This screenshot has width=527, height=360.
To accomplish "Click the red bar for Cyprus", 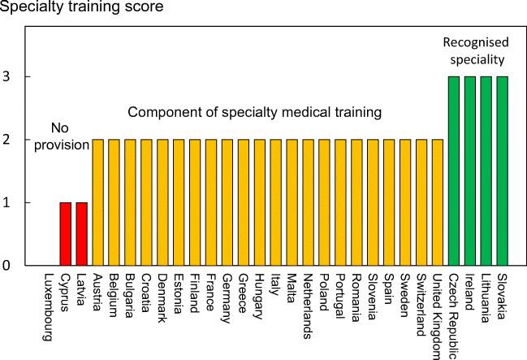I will coord(65,234).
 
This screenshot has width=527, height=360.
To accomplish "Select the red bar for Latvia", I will coord(81,234).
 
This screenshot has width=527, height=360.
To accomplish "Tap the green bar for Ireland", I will coord(470,171).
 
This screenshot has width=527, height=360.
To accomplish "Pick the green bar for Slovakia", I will coord(503,171).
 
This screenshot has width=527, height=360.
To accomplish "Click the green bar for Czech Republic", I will coord(454,171).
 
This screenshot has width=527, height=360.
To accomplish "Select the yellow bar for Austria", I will coord(97,202).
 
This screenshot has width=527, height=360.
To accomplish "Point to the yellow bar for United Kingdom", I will coord(438,202).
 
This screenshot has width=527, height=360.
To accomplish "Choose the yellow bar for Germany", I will coord(227,202).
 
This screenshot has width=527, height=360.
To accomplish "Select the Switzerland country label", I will coord(421,301).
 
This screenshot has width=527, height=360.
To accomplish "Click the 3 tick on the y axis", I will coord(6,77).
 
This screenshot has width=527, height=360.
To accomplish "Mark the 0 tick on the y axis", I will coord(6,266).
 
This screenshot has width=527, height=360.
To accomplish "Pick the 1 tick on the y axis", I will coord(6,202).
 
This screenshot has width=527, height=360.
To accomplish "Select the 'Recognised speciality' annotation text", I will coord(475,50).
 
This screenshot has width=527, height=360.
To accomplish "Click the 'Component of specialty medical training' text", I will coord(254,112).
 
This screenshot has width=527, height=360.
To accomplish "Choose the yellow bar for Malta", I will coord(292,202).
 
